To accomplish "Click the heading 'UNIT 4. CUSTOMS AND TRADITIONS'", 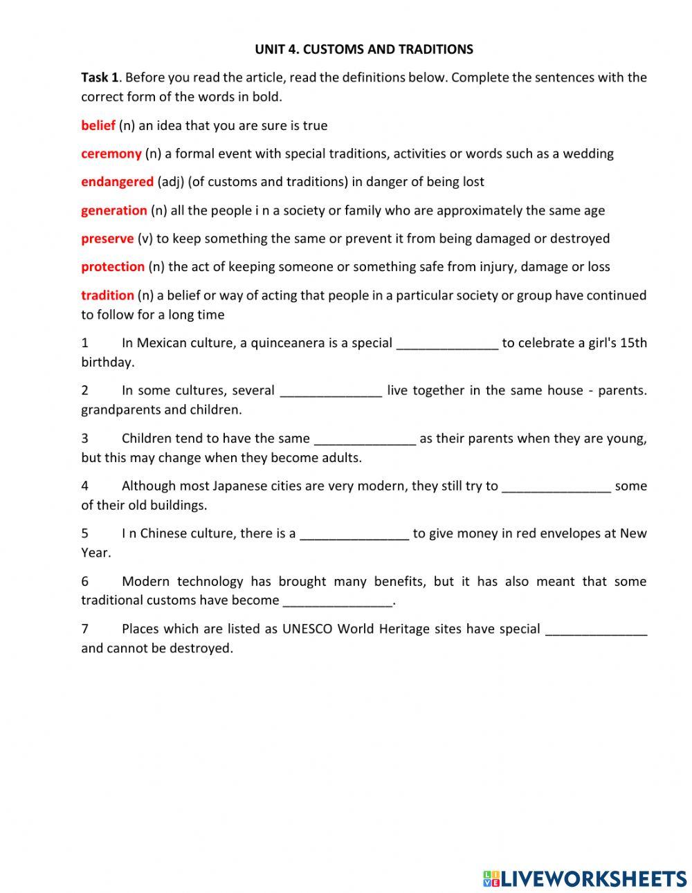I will pyautogui.click(x=364, y=49).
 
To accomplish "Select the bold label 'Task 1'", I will pyautogui.click(x=100, y=77).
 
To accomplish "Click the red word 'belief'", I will pyautogui.click(x=98, y=125).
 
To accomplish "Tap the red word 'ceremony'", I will pyautogui.click(x=111, y=154).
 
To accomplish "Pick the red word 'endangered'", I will pyautogui.click(x=117, y=182).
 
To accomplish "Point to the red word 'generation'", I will pyautogui.click(x=114, y=210).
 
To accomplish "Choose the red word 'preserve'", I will pyautogui.click(x=107, y=239).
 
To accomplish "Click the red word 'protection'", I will pyautogui.click(x=113, y=266).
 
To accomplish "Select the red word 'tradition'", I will pyautogui.click(x=107, y=295).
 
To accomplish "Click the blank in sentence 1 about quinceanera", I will pyautogui.click(x=447, y=343).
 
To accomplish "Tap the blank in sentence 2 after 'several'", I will pyautogui.click(x=331, y=391).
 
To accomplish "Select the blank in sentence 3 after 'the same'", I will pyautogui.click(x=365, y=439).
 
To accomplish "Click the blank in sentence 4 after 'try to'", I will pyautogui.click(x=556, y=486).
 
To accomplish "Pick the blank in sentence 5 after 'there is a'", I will pyautogui.click(x=354, y=534).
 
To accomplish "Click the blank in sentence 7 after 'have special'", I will pyautogui.click(x=597, y=629).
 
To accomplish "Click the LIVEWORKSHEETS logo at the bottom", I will pyautogui.click(x=585, y=878).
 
